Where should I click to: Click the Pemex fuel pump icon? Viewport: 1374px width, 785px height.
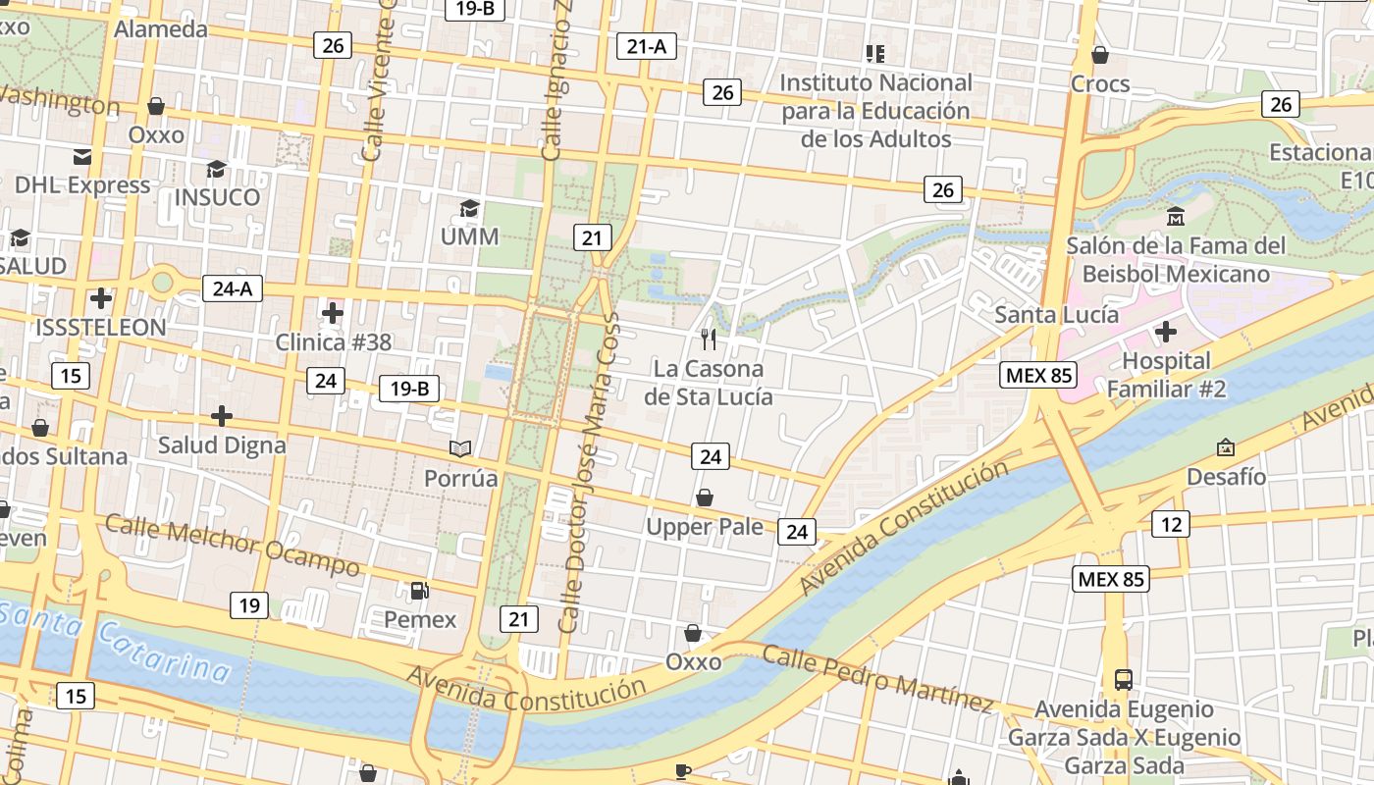click(x=419, y=591)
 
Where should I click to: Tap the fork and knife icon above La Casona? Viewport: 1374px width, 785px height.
click(x=709, y=340)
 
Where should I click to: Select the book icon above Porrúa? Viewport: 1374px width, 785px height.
click(x=460, y=448)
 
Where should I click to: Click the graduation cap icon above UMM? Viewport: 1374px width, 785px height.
click(x=470, y=208)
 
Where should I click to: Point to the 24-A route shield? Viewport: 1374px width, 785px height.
click(x=233, y=288)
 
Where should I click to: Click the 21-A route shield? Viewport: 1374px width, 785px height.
click(x=647, y=45)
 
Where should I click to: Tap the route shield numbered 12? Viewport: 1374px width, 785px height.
click(x=1171, y=524)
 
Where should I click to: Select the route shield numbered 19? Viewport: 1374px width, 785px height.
click(x=249, y=605)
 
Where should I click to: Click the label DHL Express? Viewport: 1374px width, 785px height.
click(x=82, y=184)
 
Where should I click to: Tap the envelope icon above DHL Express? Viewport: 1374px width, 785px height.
click(x=82, y=156)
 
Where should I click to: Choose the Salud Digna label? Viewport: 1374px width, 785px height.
click(x=222, y=445)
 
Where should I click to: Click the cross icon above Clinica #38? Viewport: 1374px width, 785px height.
click(x=333, y=313)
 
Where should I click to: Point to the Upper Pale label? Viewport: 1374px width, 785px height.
click(x=704, y=527)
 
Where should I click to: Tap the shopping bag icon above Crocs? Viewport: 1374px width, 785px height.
click(x=1100, y=55)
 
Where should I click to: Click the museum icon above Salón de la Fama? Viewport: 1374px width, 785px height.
click(x=1175, y=216)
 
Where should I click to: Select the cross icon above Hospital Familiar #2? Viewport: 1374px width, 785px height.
click(x=1166, y=332)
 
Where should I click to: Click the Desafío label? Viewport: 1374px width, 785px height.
click(x=1226, y=477)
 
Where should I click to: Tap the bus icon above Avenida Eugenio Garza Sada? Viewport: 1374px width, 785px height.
click(x=1123, y=679)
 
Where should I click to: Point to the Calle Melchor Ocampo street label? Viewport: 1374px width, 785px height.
click(x=233, y=546)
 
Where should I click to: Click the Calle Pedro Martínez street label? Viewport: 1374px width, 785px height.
click(x=878, y=677)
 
